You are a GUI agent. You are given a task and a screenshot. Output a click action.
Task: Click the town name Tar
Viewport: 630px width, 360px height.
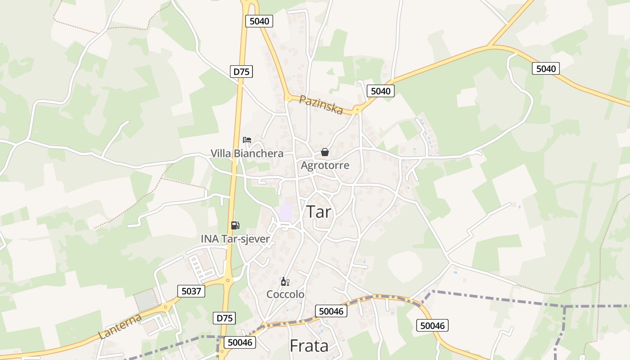319,211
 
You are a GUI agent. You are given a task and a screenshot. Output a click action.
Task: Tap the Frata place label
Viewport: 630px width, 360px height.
309,346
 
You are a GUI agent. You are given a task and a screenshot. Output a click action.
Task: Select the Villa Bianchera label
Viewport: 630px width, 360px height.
247,153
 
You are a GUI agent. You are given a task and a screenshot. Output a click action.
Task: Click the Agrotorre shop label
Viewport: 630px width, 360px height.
325,165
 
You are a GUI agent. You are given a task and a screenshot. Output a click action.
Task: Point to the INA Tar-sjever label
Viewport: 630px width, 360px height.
235,238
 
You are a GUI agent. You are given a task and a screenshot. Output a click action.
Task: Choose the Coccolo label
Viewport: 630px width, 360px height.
285,294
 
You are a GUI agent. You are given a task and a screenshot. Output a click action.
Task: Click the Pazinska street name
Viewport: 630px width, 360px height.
321,105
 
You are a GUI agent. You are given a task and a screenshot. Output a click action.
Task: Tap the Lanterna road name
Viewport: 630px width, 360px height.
120,326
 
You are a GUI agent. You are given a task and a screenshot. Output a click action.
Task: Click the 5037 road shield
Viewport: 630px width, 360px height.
191,291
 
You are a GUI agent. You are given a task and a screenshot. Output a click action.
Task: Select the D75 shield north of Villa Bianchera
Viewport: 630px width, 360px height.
242,72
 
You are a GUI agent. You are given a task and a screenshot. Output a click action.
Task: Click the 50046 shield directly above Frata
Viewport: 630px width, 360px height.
331,311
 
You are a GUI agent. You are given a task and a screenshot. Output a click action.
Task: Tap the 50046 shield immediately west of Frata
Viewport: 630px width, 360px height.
239,342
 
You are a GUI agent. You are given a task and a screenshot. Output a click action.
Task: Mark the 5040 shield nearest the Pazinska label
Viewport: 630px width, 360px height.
380,91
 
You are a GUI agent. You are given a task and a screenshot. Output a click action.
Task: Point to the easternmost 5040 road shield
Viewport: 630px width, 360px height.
546,69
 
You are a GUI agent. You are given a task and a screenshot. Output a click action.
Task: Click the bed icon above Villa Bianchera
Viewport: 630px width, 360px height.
247,139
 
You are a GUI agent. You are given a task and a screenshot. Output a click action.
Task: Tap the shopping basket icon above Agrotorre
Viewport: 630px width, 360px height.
325,152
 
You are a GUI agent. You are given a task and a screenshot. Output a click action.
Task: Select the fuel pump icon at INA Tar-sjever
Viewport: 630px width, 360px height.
235,225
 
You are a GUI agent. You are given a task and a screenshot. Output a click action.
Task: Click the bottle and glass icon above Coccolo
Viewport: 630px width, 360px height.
285,282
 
